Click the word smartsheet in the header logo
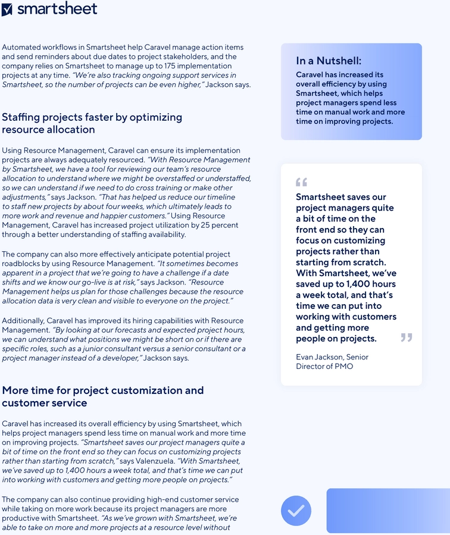[57, 9]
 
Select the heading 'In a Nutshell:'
[329, 61]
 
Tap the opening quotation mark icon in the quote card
[301, 182]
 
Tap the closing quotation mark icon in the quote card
[407, 337]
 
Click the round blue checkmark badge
[296, 511]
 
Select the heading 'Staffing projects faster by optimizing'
[92, 117]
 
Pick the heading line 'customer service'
[45, 403]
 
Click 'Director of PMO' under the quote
[324, 367]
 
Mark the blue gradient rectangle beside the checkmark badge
[387, 511]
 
